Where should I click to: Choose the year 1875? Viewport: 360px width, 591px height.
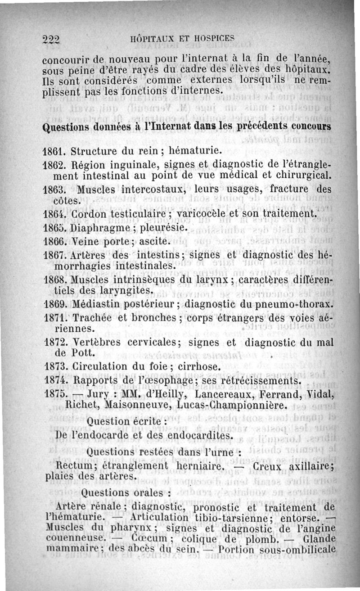click(x=56, y=395)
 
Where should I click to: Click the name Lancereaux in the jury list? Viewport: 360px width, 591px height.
click(x=229, y=395)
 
